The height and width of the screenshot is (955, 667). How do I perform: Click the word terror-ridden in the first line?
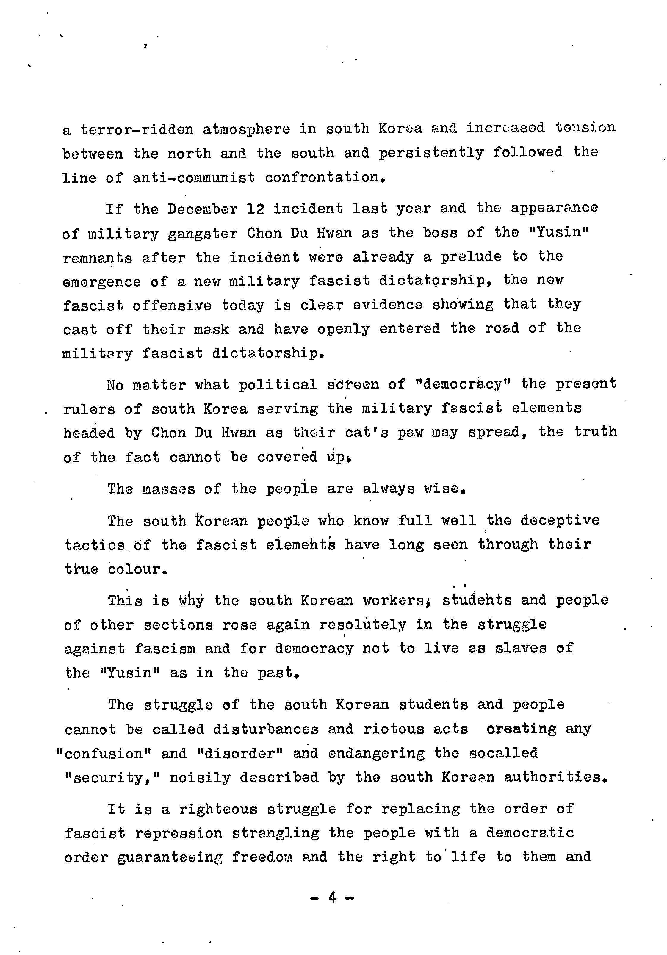[x=137, y=129]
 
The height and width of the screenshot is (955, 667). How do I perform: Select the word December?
[x=203, y=209]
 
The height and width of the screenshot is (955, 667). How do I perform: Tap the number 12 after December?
[x=255, y=209]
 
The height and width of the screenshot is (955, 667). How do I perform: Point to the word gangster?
[x=203, y=234]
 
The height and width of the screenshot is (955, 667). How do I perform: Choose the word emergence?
[x=102, y=282]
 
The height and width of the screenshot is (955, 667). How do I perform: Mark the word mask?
[x=211, y=329]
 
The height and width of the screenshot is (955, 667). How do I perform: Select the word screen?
[x=353, y=384]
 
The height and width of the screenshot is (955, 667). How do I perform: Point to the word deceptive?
[x=560, y=521]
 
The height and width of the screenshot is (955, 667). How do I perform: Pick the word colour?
[x=137, y=569]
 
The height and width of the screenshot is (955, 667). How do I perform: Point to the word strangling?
[x=276, y=833]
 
